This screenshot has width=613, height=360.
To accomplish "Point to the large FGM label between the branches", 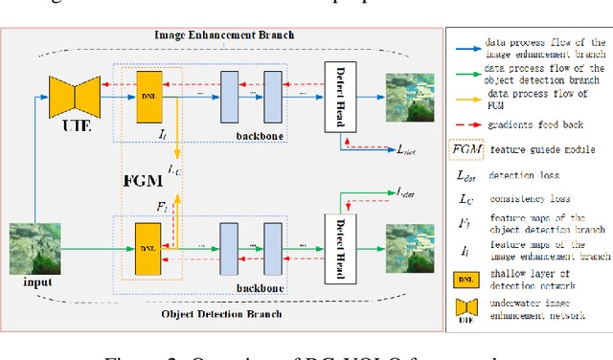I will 142,177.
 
